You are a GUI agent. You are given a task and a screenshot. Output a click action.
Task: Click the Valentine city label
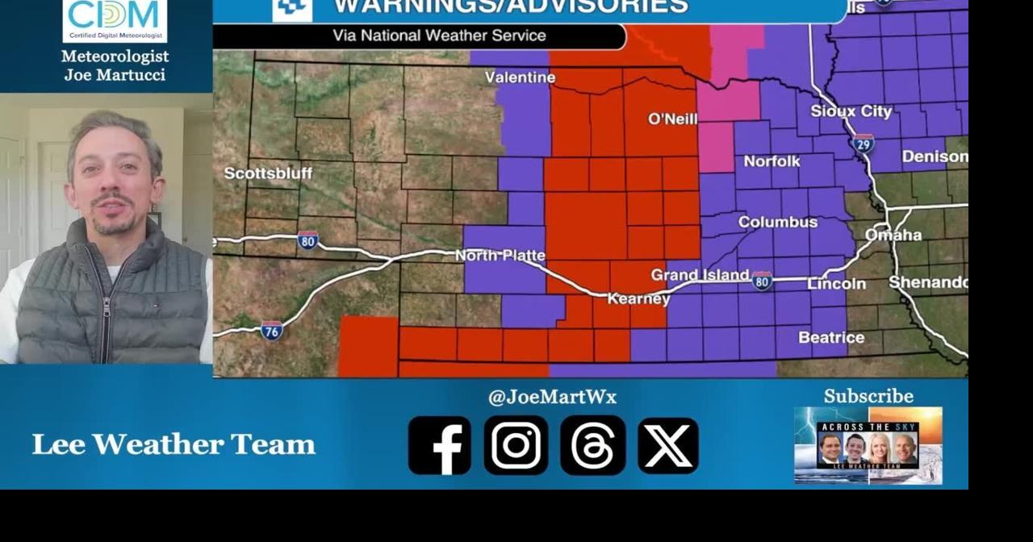coord(520,77)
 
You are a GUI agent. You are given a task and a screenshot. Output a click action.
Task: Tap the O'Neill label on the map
coord(672,119)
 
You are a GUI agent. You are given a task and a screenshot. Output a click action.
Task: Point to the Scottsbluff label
coord(268,173)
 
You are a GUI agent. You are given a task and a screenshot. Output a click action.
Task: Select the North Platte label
coord(500,256)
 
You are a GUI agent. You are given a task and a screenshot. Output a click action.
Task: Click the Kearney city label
coord(638,299)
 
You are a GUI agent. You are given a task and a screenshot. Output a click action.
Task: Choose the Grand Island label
coord(700,275)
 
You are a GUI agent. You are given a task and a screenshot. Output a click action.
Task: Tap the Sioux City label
coord(851,111)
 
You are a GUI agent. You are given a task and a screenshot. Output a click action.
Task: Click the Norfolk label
coord(772,161)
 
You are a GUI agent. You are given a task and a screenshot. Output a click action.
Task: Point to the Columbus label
coord(777,222)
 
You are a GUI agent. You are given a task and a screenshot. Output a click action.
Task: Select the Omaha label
coord(893,235)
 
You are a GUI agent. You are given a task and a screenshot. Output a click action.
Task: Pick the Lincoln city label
coord(836,284)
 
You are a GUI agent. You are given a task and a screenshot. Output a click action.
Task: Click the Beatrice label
coord(831,337)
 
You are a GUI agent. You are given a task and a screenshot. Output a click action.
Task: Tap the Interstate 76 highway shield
coord(272,330)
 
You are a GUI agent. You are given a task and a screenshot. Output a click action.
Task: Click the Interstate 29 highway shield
coord(863,144)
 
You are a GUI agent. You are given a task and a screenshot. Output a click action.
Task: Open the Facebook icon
coord(439,445)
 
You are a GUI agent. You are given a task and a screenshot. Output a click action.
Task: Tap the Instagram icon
coord(516,445)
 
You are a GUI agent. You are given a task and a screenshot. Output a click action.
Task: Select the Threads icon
coord(592,445)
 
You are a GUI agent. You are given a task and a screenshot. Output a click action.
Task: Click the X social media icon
coord(668,445)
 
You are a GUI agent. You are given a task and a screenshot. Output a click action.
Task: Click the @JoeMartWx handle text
coord(552,397)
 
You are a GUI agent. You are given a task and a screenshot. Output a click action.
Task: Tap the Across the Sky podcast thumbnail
coord(868,445)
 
